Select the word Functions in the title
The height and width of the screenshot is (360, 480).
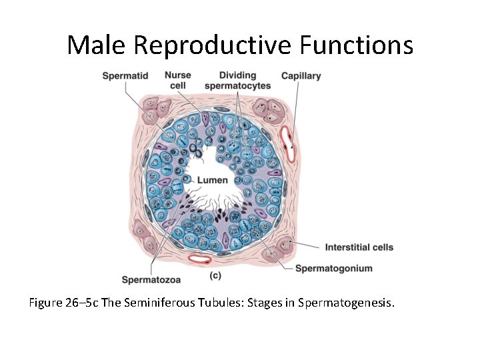[x=356, y=45]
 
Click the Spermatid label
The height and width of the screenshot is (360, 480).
[x=125, y=76]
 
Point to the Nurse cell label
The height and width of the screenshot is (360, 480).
[x=178, y=81]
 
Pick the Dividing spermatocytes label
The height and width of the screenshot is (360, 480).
[x=237, y=81]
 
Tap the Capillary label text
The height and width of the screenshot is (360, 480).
[x=301, y=76]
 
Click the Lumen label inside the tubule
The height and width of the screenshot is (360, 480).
[x=212, y=180]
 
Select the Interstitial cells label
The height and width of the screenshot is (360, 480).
[x=359, y=247]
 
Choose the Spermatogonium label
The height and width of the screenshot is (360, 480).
[x=333, y=268]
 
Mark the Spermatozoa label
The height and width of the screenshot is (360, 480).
[x=151, y=279]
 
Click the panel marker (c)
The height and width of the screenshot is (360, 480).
[x=215, y=275]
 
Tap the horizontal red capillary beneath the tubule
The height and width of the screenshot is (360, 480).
[x=199, y=258]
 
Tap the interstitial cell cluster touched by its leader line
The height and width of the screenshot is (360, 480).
[x=285, y=246]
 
